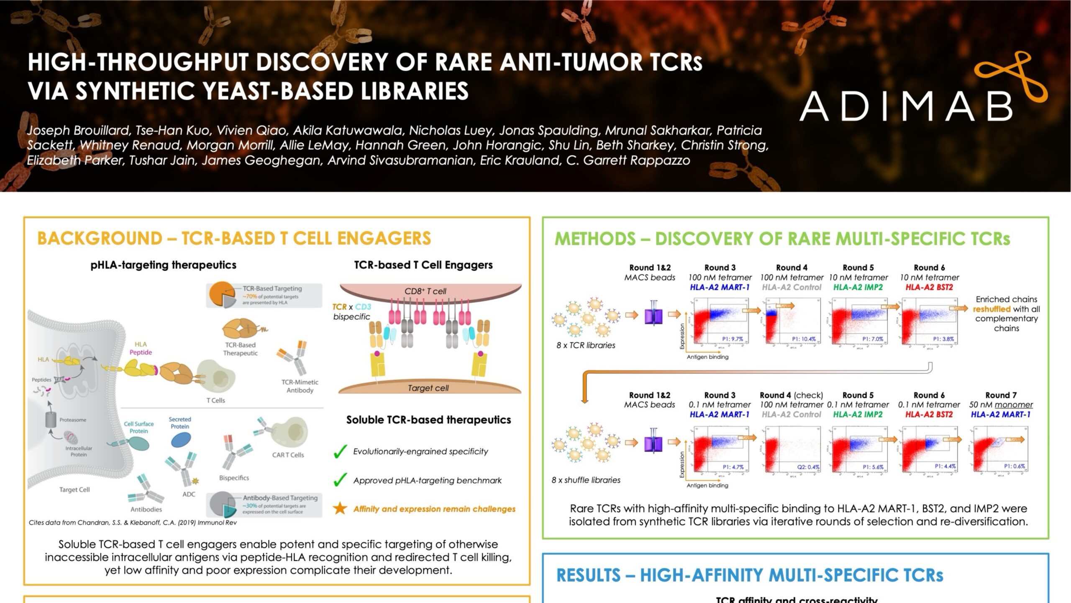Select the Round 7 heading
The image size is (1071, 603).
click(1001, 395)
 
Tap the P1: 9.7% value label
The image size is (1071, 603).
click(732, 339)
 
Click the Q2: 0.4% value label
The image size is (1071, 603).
click(808, 467)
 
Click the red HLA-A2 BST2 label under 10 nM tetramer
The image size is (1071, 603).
click(929, 287)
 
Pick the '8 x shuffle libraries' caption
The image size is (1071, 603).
click(586, 480)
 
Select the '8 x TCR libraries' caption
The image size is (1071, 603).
click(586, 345)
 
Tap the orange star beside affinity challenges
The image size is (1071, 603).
click(340, 509)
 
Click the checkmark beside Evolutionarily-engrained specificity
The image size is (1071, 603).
click(340, 452)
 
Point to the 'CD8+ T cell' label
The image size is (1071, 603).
click(425, 291)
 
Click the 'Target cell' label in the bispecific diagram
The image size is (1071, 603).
click(428, 388)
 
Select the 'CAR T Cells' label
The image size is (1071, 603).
click(288, 455)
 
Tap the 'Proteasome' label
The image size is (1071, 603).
click(73, 420)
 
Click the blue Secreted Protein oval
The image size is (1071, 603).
click(181, 440)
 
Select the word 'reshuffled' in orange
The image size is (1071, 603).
click(990, 309)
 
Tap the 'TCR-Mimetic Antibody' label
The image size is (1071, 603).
click(300, 386)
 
